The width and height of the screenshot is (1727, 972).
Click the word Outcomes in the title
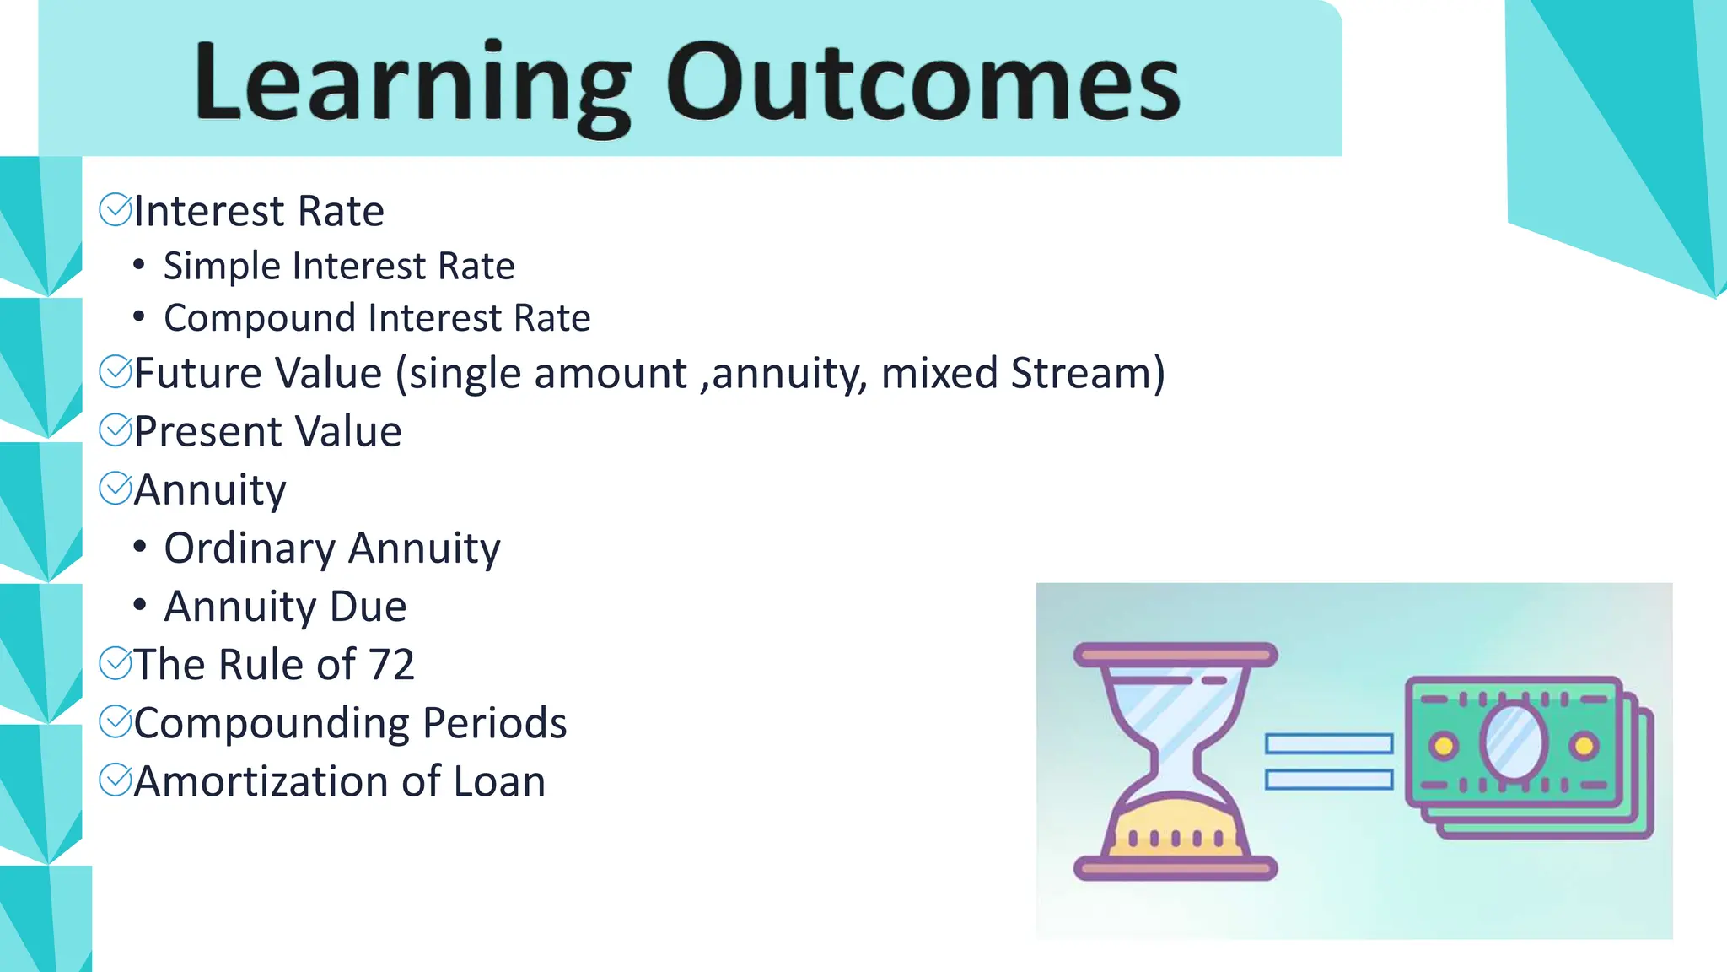[923, 83]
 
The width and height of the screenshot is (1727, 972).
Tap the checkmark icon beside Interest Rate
[116, 210]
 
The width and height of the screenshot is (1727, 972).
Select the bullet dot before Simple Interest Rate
[139, 266]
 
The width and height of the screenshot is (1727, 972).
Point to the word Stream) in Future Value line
[1088, 373]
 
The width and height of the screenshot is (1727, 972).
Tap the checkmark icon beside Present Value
[116, 430]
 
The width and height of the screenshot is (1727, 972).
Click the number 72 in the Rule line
[390, 665]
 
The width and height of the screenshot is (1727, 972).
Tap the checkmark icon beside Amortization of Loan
[116, 780]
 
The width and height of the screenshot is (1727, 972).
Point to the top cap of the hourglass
[1175, 654]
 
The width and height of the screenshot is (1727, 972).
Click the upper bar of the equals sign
[1328, 743]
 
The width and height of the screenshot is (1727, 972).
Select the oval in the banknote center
[1514, 743]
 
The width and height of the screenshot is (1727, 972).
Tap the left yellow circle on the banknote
[1444, 746]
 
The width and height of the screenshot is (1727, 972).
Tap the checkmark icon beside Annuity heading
[116, 489]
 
